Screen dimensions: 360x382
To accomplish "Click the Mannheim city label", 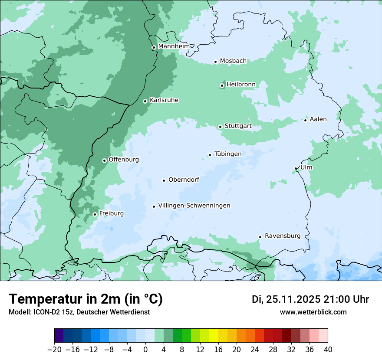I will pyautogui.click(x=174, y=46).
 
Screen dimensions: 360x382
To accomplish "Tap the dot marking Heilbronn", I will pyautogui.click(x=222, y=85).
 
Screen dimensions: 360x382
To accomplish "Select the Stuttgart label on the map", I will pyautogui.click(x=238, y=126).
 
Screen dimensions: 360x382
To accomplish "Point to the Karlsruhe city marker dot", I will pyautogui.click(x=145, y=101).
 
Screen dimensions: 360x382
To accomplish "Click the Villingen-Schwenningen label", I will pyautogui.click(x=194, y=205).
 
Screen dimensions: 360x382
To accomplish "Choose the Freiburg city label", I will pyautogui.click(x=111, y=213).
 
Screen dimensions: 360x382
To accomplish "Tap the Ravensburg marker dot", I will pyautogui.click(x=260, y=237).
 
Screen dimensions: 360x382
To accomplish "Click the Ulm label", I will pyautogui.click(x=306, y=167).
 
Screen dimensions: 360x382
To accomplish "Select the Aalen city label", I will pyautogui.click(x=318, y=119).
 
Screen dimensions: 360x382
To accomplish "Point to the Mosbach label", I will pyautogui.click(x=233, y=61).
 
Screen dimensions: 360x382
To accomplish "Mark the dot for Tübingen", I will pyautogui.click(x=210, y=155).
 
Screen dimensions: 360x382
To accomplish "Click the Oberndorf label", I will pyautogui.click(x=184, y=180).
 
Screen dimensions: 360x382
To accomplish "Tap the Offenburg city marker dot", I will pyautogui.click(x=104, y=160).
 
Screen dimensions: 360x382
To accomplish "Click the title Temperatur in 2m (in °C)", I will pyautogui.click(x=86, y=299).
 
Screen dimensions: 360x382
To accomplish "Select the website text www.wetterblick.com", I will pyautogui.click(x=313, y=312).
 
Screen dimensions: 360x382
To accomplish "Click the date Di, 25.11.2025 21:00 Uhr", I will pyautogui.click(x=310, y=299).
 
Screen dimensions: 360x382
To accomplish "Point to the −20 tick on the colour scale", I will pyautogui.click(x=54, y=350).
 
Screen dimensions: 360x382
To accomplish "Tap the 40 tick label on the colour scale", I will pyautogui.click(x=328, y=350).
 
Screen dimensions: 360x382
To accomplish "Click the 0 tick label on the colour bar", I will pyautogui.click(x=145, y=350).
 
